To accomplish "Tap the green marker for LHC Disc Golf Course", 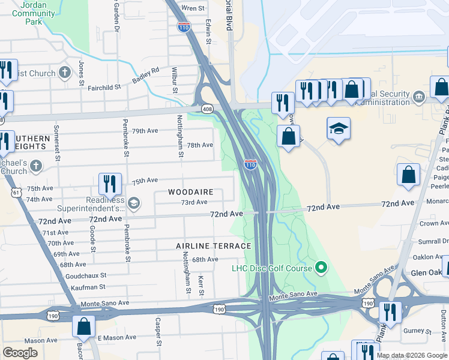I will pos(321,267).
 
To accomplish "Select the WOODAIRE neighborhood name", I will pos(191,192).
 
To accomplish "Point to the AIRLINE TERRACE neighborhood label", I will pos(213,246).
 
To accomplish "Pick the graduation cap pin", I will pos(339,129).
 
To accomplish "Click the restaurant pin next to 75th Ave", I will pos(110,184).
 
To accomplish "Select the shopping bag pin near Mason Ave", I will pos(83,326).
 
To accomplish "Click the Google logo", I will pos(20,353).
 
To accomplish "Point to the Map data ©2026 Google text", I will pos(412,355).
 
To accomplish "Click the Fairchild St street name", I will pos(104,86).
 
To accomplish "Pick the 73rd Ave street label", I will pos(194,202).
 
